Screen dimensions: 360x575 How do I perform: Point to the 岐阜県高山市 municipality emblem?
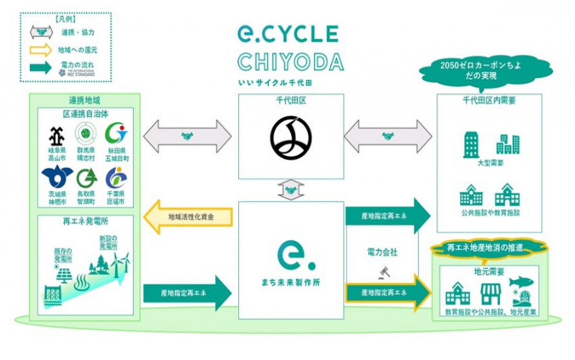tap(56, 135)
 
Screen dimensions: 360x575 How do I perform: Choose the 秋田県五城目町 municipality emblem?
tap(116, 134)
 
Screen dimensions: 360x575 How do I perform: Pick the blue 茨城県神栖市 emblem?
tap(56, 177)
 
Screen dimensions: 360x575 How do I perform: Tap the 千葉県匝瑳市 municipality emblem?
tap(116, 178)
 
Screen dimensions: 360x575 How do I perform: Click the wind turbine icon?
tap(123, 264)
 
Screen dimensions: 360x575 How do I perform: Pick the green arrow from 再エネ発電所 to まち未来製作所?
tap(187, 294)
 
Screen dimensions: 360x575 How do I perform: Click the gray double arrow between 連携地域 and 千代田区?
tap(187, 136)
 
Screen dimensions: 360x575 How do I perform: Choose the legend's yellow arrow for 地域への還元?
tap(40, 50)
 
